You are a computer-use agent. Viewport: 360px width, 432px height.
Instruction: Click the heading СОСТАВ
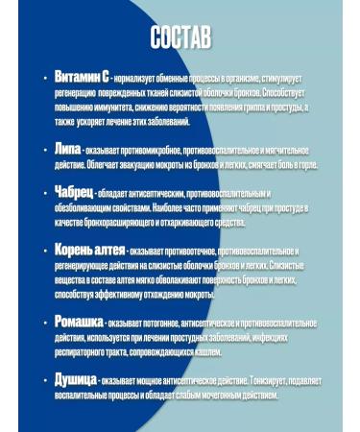pyautogui.click(x=180, y=37)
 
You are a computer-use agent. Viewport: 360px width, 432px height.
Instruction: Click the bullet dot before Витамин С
pyautogui.click(x=46, y=75)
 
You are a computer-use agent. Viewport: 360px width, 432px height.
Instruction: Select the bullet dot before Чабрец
pyautogui.click(x=46, y=193)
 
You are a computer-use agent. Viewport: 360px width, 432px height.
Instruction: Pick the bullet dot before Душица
pyautogui.click(x=46, y=380)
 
